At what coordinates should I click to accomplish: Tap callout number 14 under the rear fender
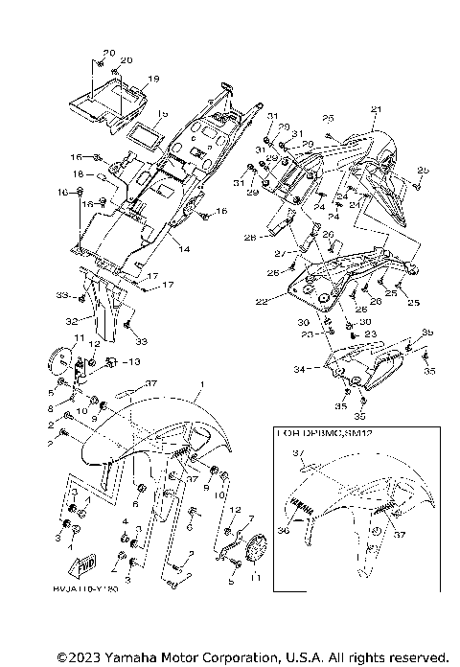coord(183,249)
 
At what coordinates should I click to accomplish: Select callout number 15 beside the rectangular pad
coord(162,113)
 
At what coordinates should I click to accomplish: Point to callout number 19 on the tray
coord(153,79)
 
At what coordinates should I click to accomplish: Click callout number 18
coord(80,174)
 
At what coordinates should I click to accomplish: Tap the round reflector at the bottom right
coord(256,551)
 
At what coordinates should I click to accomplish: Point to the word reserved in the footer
coord(415,657)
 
